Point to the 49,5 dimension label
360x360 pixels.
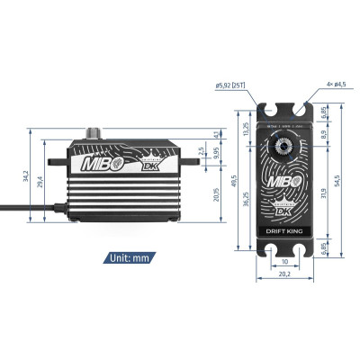[236, 184]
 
